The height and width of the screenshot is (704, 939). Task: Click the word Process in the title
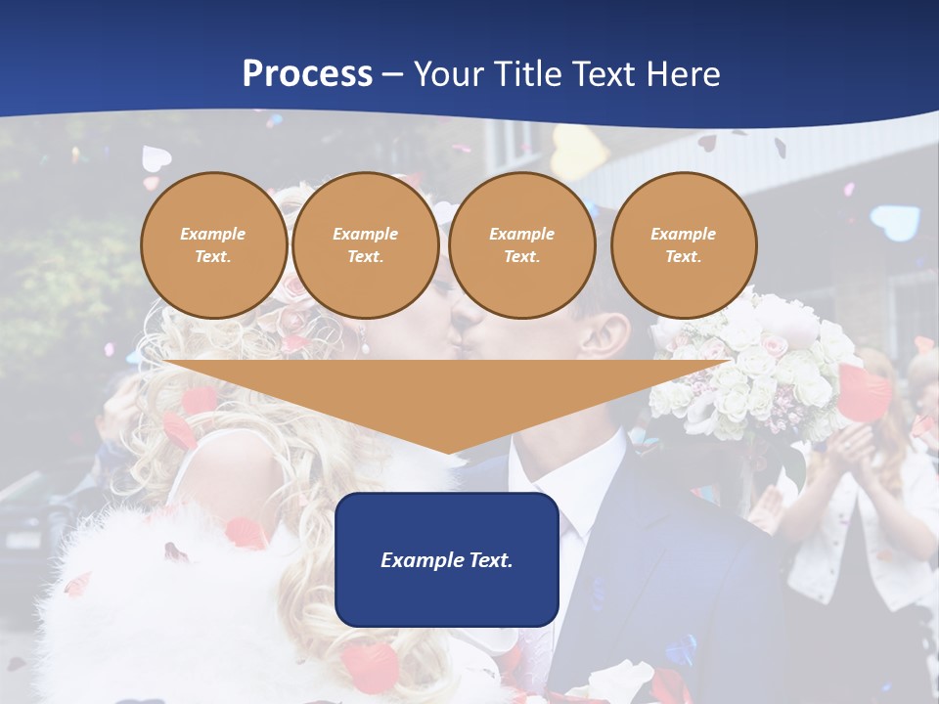(x=307, y=74)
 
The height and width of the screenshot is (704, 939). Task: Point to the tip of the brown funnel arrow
(x=448, y=451)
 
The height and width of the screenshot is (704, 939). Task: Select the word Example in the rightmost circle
(x=683, y=235)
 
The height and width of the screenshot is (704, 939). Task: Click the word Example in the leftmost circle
(x=213, y=235)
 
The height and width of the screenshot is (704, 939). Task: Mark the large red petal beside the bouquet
(x=863, y=391)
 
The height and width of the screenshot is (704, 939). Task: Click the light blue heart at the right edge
(x=894, y=223)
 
